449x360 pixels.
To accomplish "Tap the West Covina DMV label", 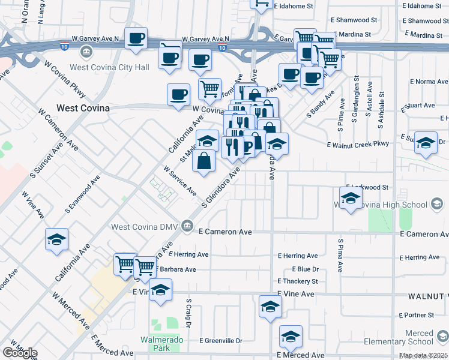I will [x=145, y=226].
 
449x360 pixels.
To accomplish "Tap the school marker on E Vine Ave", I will [x=160, y=290].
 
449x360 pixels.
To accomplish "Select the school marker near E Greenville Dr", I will [x=291, y=337].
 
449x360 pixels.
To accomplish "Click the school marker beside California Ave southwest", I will [x=57, y=241].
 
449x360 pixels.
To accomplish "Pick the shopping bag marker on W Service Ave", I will [x=205, y=161].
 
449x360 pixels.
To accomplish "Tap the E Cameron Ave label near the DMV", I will [x=224, y=232].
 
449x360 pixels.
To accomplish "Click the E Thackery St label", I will [x=298, y=281].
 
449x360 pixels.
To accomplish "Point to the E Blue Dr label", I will [x=305, y=269].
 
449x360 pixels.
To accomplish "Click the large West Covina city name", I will [x=83, y=108].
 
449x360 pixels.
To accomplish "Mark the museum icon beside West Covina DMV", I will [x=187, y=226].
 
